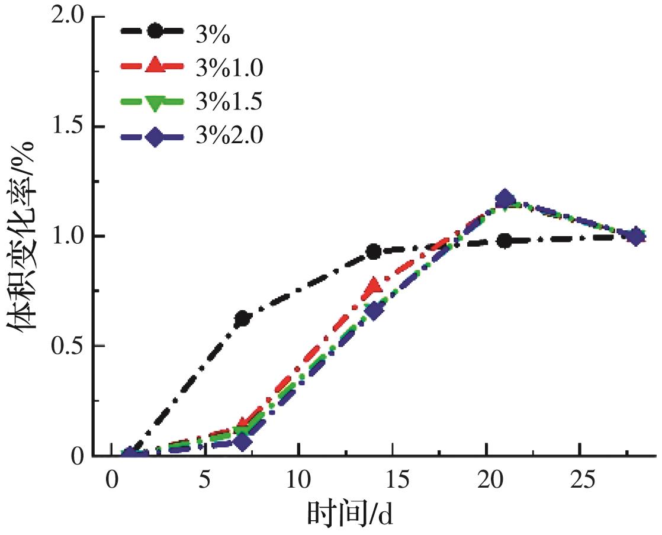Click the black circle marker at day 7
tap(242, 319)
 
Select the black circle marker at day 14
tap(374, 252)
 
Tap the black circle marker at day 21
tap(504, 240)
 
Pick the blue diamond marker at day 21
tap(504, 199)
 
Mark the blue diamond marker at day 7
tap(242, 440)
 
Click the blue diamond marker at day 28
tap(635, 237)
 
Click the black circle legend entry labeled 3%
tap(213, 34)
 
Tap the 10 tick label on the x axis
tap(298, 478)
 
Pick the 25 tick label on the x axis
tap(580, 478)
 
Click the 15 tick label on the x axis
tap(392, 478)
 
